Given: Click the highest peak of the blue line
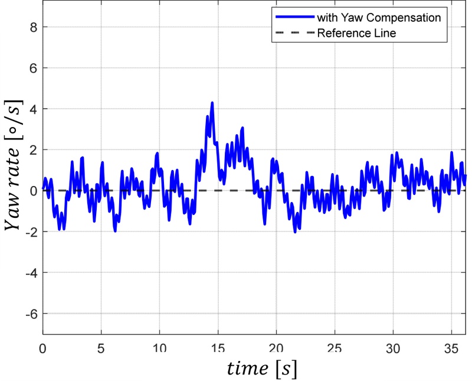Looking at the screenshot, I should point(212,103).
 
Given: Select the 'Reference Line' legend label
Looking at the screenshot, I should point(356,33).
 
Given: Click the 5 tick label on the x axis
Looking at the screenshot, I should point(101,347).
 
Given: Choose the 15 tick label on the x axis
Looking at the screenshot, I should point(218,347).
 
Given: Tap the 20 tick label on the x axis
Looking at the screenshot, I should point(276,347).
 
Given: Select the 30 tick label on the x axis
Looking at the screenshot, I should point(392,347).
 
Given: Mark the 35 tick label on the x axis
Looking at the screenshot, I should point(451,347).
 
